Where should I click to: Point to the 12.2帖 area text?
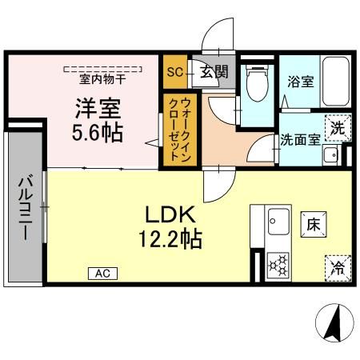[x=170, y=238]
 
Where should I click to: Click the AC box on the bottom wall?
[x=102, y=274]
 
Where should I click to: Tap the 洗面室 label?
[x=300, y=138]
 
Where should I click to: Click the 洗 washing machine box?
[x=338, y=127]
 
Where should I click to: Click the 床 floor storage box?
[x=313, y=226]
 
